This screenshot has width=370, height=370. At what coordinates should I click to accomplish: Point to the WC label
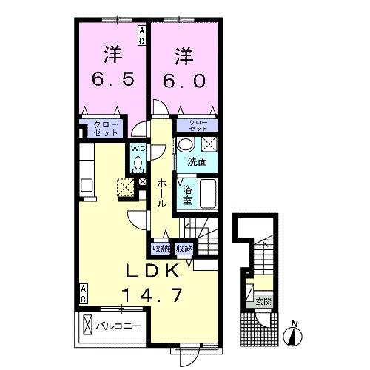coord(138,149)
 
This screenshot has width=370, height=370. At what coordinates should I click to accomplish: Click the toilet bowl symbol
coord(138,164)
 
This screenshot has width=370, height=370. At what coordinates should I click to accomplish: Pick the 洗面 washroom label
coord(196,162)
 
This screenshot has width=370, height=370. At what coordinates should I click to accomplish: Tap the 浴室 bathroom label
coord(188,194)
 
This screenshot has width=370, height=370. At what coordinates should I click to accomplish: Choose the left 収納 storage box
coord(161,248)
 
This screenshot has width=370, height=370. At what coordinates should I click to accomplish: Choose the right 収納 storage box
coord(184,248)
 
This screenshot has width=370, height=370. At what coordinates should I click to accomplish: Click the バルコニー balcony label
coord(117,324)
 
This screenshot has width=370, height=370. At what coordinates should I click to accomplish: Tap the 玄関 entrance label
coord(263,301)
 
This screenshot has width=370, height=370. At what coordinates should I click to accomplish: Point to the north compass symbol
coord(294,335)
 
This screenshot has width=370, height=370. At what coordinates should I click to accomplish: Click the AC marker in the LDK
coord(84,292)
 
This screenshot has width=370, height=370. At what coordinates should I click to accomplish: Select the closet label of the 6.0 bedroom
coord(198,124)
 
